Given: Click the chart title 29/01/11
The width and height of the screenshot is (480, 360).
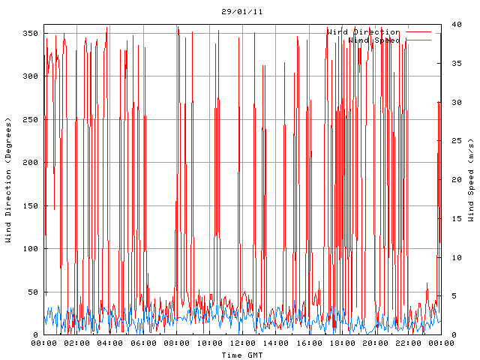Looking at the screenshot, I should [x=241, y=12].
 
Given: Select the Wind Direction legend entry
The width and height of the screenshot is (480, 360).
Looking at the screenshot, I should [x=364, y=32].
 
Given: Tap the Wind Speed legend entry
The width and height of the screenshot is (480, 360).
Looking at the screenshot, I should [x=374, y=40].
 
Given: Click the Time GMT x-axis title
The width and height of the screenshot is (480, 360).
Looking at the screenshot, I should [x=241, y=355].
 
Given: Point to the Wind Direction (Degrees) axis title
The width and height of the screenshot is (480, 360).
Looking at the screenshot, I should [x=8, y=180].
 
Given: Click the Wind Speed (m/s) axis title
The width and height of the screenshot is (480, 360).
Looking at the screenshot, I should [x=471, y=180].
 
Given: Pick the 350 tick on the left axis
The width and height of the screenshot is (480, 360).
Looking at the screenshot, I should [x=30, y=34].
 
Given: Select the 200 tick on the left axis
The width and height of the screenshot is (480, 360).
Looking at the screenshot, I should [x=30, y=163].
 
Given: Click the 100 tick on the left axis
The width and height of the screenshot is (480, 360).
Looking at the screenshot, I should [x=30, y=249].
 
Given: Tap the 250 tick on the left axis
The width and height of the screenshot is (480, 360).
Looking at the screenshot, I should [x=30, y=120].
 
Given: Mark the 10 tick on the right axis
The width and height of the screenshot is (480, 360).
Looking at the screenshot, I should [x=448, y=257].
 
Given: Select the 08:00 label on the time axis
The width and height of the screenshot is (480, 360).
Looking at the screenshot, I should [x=176, y=343].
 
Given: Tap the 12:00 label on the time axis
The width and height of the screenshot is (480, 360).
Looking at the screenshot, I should [x=242, y=343].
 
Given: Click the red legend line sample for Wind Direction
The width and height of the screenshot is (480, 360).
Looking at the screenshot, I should [x=419, y=32].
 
